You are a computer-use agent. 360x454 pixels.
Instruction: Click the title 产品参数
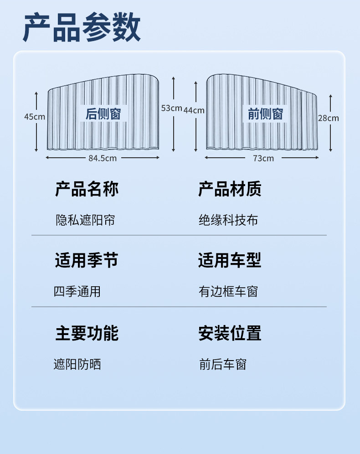tap(82, 29)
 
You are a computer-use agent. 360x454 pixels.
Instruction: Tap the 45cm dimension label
tap(35, 117)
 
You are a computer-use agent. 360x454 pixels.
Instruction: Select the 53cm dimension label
tap(171, 108)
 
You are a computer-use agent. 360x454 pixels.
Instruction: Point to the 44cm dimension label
tap(194, 110)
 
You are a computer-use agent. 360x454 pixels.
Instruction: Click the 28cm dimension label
tap(329, 118)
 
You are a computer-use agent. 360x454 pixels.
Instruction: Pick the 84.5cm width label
tap(103, 158)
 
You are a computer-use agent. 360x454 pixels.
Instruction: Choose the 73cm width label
tap(263, 158)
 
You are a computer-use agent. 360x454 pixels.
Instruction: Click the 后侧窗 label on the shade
tap(103, 113)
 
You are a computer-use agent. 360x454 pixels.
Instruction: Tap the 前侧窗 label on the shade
tap(266, 113)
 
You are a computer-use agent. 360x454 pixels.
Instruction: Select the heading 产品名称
tap(87, 189)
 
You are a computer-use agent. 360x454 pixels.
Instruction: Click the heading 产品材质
tap(230, 189)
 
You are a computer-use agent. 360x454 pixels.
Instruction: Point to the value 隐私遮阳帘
tap(85, 220)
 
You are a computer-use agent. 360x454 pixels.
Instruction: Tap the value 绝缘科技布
tap(228, 220)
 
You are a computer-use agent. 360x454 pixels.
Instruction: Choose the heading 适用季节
tap(87, 261)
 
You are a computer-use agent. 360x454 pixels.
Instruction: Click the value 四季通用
tap(77, 291)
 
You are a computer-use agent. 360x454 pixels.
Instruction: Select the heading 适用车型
tap(230, 261)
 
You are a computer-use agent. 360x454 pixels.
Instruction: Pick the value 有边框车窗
tap(228, 291)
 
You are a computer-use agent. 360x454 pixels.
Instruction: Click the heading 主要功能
tap(87, 333)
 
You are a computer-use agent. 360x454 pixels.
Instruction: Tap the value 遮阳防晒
tap(77, 364)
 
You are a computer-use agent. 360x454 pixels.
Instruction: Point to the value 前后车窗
tap(223, 364)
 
